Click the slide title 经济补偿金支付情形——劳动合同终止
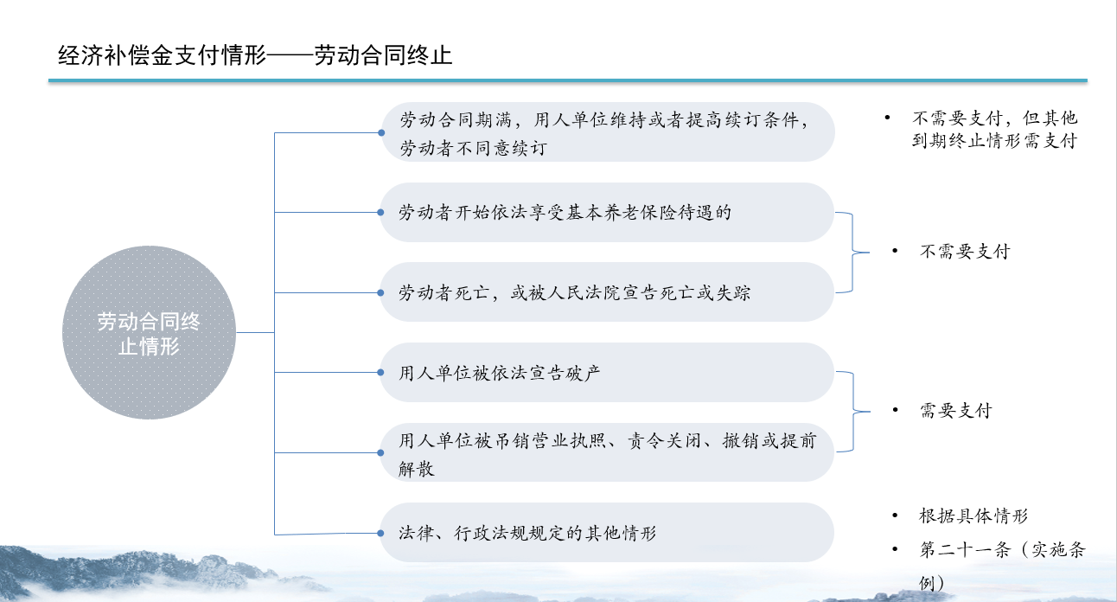pyautogui.click(x=255, y=54)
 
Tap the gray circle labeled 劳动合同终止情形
pyautogui.click(x=149, y=332)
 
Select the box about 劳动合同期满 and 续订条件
pyautogui.click(x=608, y=132)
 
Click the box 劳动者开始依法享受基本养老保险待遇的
pyautogui.click(x=607, y=213)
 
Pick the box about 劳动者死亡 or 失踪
pyautogui.click(x=607, y=292)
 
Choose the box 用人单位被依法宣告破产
pyautogui.click(x=607, y=372)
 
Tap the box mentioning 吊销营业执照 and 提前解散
pyautogui.click(x=607, y=452)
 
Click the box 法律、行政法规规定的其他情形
pyautogui.click(x=607, y=533)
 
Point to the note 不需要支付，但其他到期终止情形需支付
pyautogui.click(x=995, y=130)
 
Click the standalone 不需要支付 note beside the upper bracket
pyautogui.click(x=965, y=252)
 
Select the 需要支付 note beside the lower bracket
pyautogui.click(x=956, y=411)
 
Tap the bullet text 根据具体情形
pyautogui.click(x=973, y=516)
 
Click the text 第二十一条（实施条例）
pyautogui.click(x=1002, y=566)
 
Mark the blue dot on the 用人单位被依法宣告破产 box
pyautogui.click(x=380, y=373)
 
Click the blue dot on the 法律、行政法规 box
pyautogui.click(x=380, y=533)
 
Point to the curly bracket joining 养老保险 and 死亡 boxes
pyautogui.click(x=852, y=253)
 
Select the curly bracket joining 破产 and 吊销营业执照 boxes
pyautogui.click(x=853, y=412)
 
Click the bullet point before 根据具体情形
pyautogui.click(x=896, y=516)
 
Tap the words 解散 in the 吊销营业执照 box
pyautogui.click(x=417, y=468)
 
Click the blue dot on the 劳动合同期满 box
pyautogui.click(x=381, y=132)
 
